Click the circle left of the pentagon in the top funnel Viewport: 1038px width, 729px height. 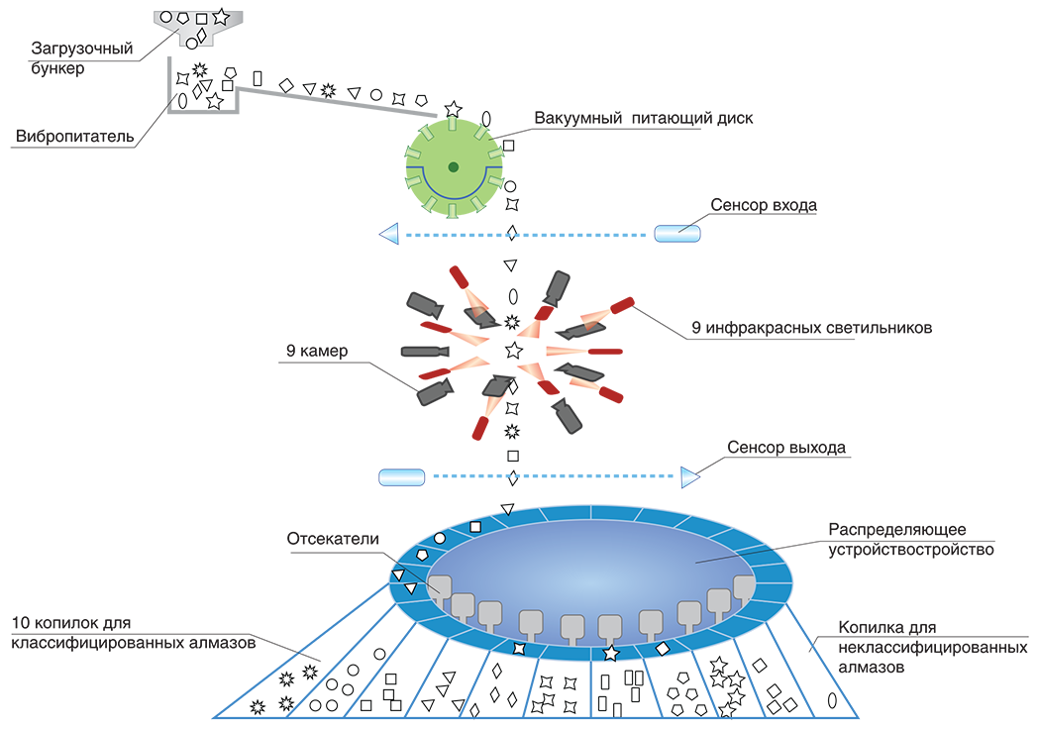[165, 18]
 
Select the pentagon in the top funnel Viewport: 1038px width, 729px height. [183, 18]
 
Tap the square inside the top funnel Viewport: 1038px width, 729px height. [202, 18]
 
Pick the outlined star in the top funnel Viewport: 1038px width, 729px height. [221, 18]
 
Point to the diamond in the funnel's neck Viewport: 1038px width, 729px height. [202, 37]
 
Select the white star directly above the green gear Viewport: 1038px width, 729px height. [453, 109]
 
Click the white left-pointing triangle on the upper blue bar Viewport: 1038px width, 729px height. [389, 233]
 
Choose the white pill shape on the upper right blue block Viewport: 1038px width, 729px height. [677, 233]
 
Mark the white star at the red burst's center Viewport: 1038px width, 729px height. [513, 351]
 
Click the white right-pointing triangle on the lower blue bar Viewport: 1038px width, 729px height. [686, 478]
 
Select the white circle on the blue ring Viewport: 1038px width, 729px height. [440, 538]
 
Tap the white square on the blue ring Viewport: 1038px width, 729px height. [475, 526]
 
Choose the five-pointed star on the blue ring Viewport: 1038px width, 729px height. [610, 653]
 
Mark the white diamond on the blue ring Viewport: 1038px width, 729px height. [663, 648]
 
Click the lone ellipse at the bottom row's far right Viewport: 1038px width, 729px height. [832, 699]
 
